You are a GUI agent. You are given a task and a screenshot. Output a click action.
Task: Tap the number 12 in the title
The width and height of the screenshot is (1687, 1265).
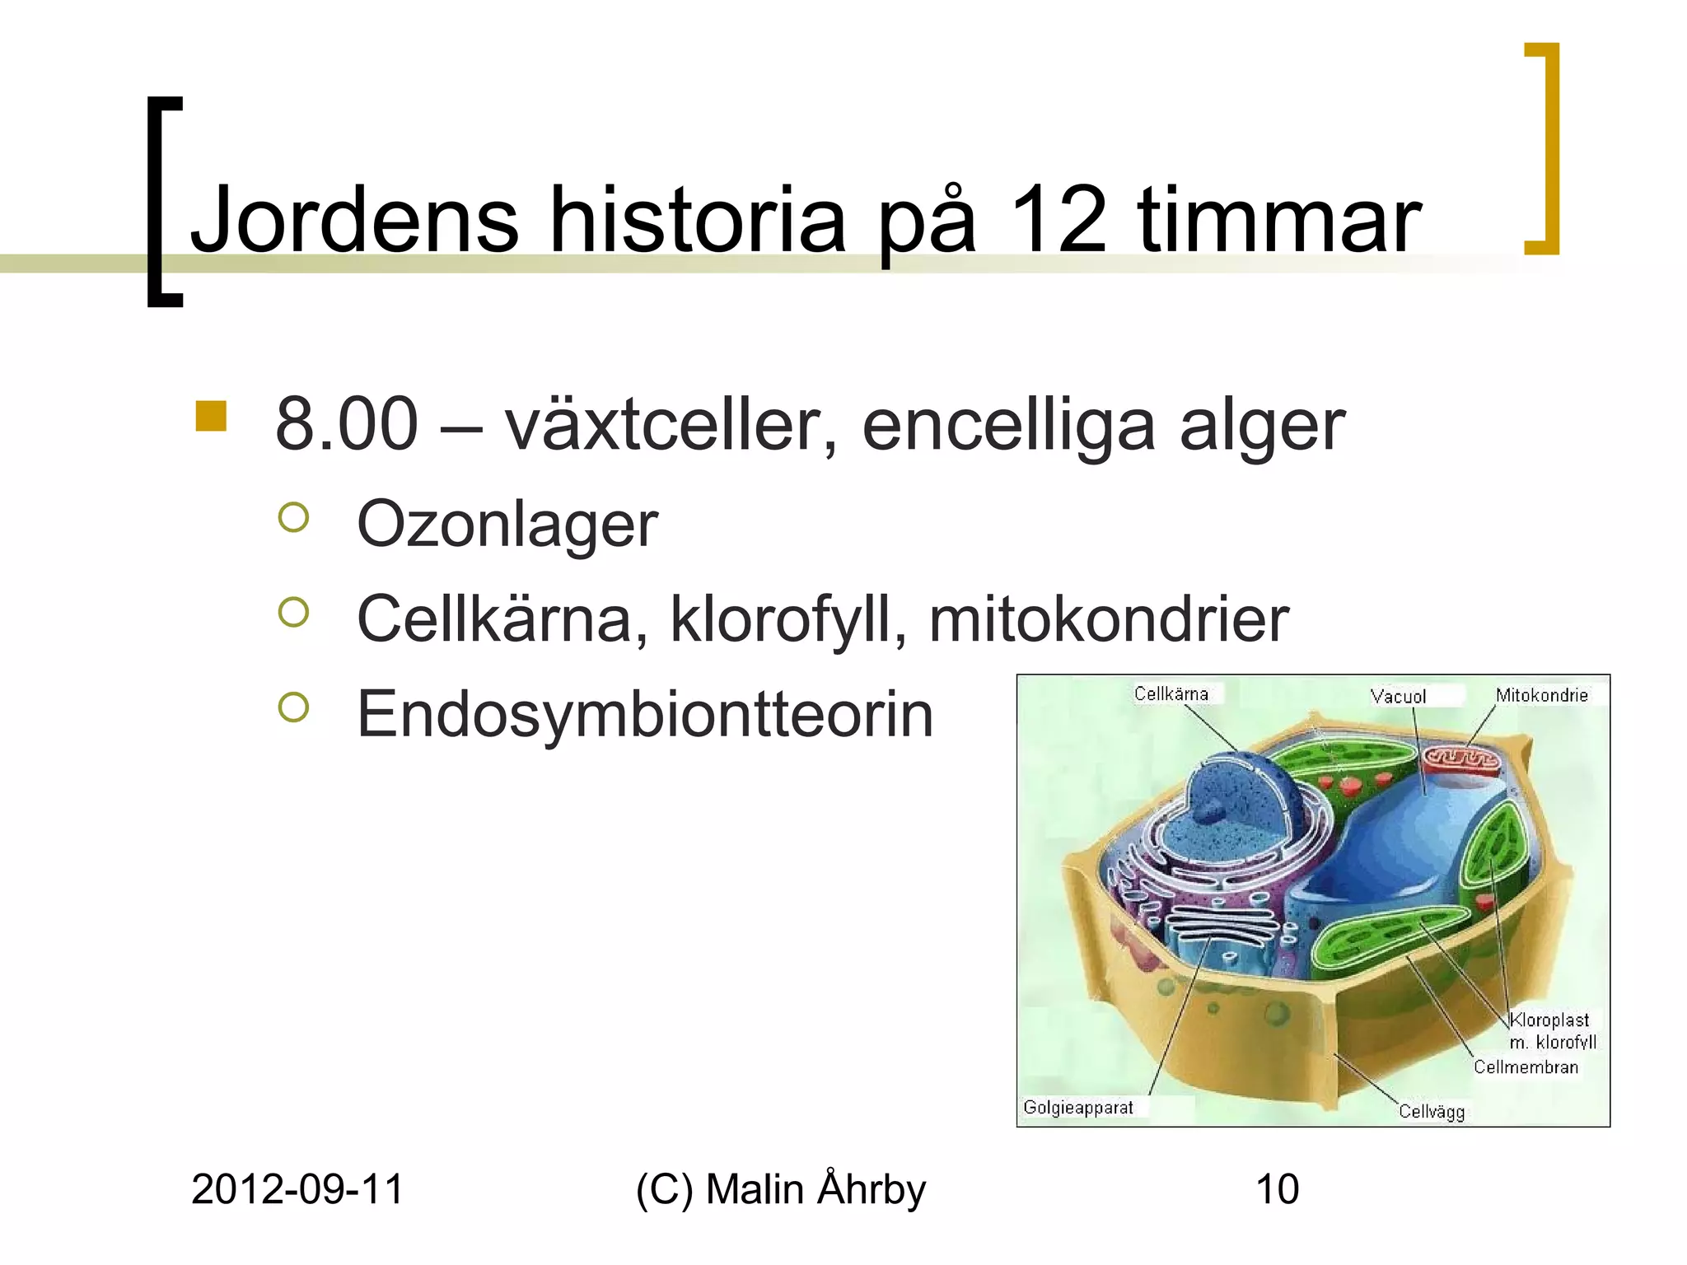(1058, 220)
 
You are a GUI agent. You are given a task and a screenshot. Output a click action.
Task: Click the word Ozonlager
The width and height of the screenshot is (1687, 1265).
(507, 525)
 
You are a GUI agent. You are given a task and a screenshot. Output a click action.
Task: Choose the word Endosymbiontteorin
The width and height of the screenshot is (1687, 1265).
(645, 714)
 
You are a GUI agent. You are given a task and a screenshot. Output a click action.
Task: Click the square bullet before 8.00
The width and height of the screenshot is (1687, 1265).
(211, 416)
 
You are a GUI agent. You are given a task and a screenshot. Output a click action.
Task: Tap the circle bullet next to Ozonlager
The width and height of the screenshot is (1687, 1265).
(294, 518)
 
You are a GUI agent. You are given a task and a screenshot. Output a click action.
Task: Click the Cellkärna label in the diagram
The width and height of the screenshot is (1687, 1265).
(1171, 693)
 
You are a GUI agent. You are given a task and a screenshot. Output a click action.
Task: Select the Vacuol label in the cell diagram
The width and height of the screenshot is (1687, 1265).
(1398, 697)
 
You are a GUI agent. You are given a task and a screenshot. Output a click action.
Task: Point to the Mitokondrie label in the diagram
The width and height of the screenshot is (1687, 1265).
(1541, 695)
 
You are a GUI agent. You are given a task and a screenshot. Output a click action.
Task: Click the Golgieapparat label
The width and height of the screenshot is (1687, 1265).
(1077, 1108)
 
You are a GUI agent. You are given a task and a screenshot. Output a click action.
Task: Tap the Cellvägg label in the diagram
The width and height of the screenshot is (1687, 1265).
(1432, 1112)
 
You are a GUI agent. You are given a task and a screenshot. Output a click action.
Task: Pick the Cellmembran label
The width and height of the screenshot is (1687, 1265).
(1526, 1067)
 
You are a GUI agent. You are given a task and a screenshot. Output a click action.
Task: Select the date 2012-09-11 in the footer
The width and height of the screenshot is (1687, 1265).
(297, 1190)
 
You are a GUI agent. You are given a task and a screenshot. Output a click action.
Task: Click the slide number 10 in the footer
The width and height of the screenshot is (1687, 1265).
(1277, 1190)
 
